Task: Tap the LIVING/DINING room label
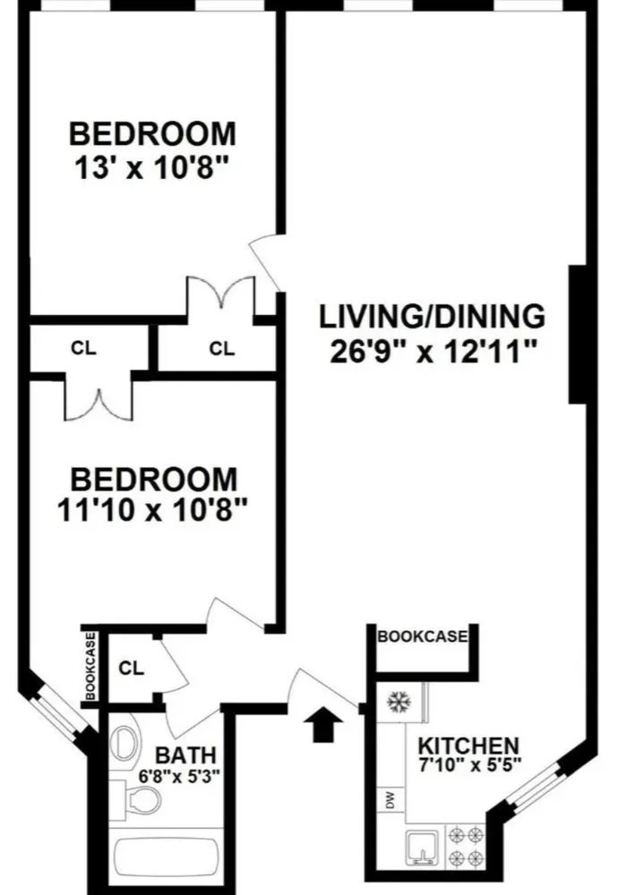433,316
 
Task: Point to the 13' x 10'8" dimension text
153,168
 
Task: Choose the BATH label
185,754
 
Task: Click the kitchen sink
420,847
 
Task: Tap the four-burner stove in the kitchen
468,847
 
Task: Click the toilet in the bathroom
137,798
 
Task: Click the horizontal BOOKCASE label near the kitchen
423,637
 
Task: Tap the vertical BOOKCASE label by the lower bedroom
90,667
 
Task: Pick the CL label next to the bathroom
131,669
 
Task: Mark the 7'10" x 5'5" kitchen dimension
468,766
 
